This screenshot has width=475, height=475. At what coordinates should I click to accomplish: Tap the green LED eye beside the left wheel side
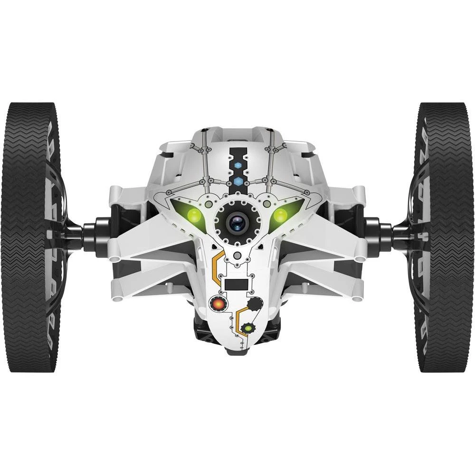click(x=194, y=215)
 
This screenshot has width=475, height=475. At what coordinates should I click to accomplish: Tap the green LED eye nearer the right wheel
click(x=280, y=215)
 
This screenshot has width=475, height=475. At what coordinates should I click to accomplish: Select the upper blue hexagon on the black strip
click(x=238, y=166)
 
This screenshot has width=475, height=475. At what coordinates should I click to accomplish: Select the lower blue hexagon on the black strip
click(x=238, y=181)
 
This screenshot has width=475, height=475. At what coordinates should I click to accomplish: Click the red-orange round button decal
click(x=218, y=303)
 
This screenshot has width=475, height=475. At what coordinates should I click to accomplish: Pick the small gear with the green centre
click(x=247, y=328)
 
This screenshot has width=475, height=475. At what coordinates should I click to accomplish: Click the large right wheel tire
click(x=446, y=237)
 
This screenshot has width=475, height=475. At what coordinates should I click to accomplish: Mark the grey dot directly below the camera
click(x=237, y=256)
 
